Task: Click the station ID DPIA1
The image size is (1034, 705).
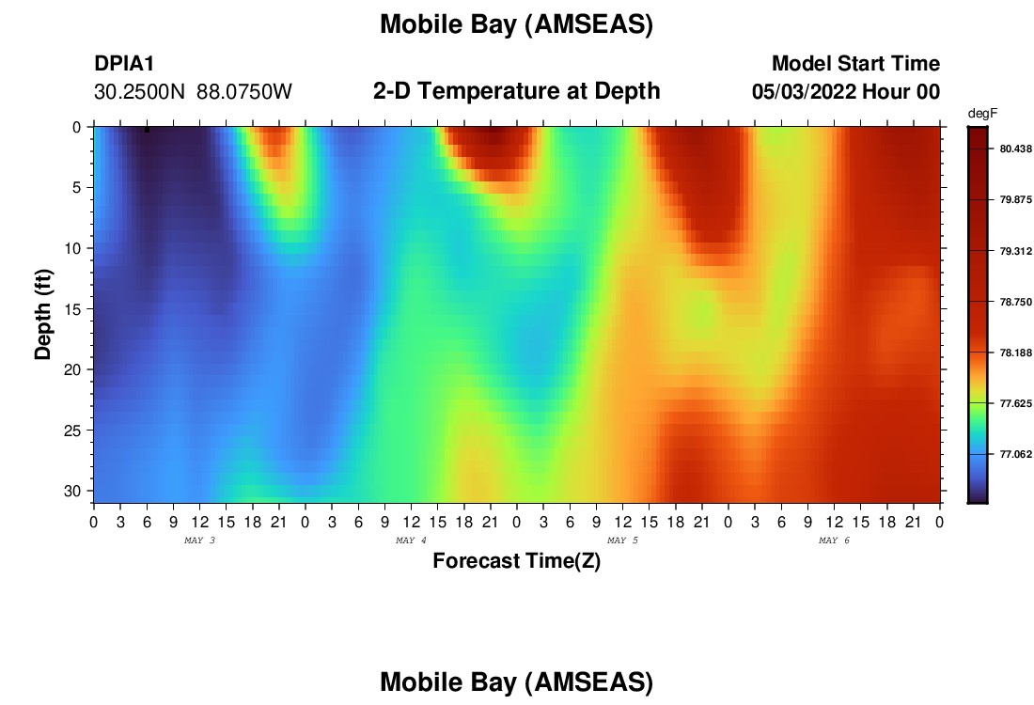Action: (x=124, y=63)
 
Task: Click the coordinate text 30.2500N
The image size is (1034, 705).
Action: (x=139, y=92)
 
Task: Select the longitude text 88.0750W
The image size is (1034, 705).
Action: (x=244, y=92)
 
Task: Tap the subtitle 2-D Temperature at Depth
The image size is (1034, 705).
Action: (x=516, y=91)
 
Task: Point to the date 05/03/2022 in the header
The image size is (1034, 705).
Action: (x=804, y=92)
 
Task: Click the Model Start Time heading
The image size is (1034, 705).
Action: (x=856, y=63)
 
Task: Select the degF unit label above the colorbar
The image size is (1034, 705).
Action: (x=982, y=114)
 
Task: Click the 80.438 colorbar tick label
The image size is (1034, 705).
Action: (x=1015, y=149)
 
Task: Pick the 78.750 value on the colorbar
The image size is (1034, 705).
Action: (x=1015, y=302)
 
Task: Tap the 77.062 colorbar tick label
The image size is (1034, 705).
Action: (x=1015, y=454)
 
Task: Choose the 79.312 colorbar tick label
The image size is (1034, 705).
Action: (x=1015, y=251)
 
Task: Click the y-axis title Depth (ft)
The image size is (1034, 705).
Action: (x=43, y=314)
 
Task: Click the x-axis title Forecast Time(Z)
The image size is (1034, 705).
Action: (x=516, y=560)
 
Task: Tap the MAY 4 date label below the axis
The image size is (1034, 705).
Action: (x=411, y=540)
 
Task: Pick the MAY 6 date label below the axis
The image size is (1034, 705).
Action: (x=834, y=540)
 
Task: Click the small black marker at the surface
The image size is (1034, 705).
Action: (x=147, y=130)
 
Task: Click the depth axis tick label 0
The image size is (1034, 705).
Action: (x=77, y=127)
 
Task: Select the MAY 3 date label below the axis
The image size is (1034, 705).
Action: (x=199, y=540)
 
